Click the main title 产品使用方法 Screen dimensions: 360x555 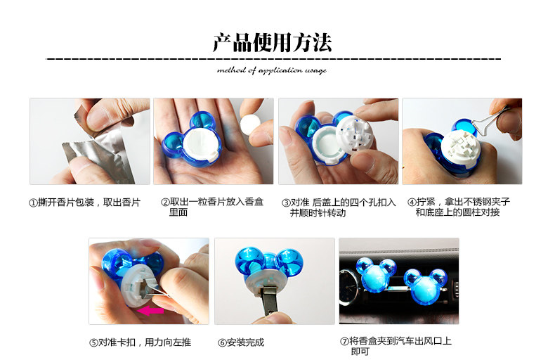(272, 43)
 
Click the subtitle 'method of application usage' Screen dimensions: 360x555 (272, 70)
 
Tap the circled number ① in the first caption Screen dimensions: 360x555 (32, 202)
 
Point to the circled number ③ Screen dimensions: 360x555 (286, 202)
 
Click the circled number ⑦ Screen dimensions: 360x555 (344, 341)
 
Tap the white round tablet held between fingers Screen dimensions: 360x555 (249, 124)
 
